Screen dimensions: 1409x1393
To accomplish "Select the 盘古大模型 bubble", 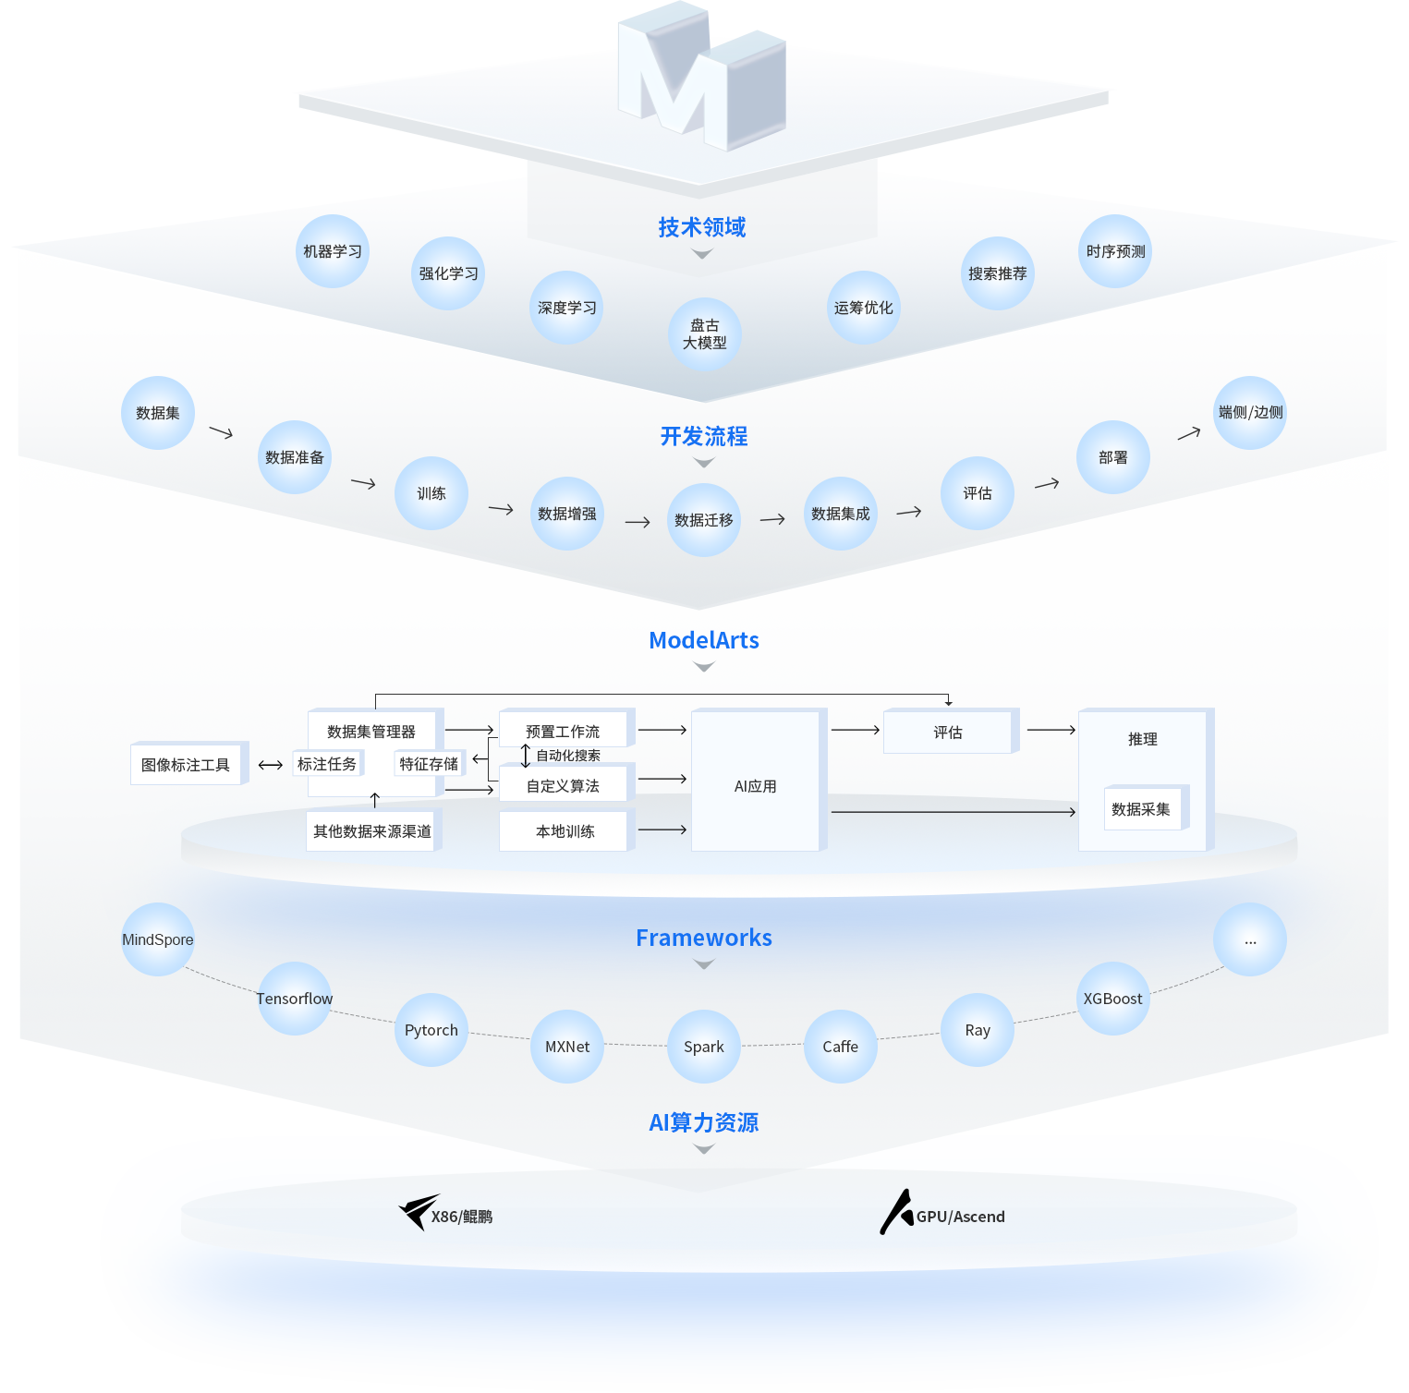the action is (x=704, y=334).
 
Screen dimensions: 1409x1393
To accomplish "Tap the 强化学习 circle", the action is (x=448, y=273).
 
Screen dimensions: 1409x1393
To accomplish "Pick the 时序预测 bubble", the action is (x=1115, y=251).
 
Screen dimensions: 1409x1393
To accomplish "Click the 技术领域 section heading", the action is (x=702, y=227).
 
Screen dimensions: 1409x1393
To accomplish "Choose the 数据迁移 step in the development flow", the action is (x=704, y=520).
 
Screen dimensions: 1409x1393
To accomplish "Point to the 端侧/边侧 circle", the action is (x=1250, y=413).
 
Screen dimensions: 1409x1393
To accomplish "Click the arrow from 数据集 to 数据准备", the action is (x=221, y=432).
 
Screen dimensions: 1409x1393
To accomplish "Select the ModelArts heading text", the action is (x=704, y=640).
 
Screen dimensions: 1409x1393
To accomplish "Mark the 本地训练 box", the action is (x=565, y=830).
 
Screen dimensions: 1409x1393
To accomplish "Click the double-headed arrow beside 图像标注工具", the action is (x=271, y=765).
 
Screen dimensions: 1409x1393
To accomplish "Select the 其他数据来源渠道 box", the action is (x=372, y=830).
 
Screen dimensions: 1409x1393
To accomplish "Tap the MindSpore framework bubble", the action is (x=158, y=939).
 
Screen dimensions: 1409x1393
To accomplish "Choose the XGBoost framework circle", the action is (x=1113, y=999).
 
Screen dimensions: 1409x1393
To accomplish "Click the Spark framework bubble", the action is (x=704, y=1047).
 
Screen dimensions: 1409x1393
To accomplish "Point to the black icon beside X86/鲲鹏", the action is (x=419, y=1212).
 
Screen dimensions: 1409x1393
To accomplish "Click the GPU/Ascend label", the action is (x=961, y=1217).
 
